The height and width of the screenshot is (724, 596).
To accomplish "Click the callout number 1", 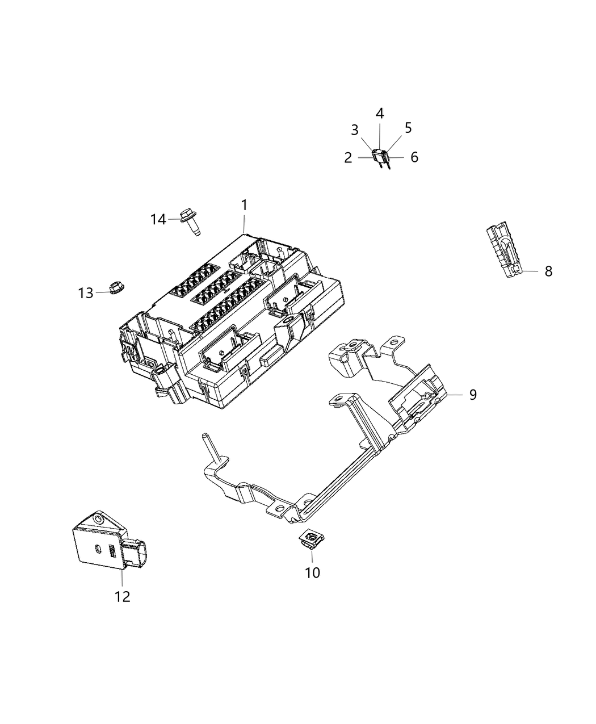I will click(244, 205).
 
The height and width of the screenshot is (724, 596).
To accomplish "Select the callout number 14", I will click(158, 219).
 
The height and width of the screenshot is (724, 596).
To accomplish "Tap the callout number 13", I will click(86, 293).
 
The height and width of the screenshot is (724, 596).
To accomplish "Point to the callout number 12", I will click(123, 596).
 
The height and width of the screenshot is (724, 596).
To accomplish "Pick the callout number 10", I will click(312, 572).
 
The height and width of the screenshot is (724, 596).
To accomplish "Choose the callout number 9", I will click(473, 394).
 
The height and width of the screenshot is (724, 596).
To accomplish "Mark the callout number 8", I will click(548, 271).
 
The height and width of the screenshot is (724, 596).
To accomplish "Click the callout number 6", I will click(414, 157).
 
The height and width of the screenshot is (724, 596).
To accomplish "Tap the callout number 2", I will click(348, 157).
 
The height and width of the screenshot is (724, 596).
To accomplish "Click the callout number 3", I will click(355, 130).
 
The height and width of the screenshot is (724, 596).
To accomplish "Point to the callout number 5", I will click(408, 128).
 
